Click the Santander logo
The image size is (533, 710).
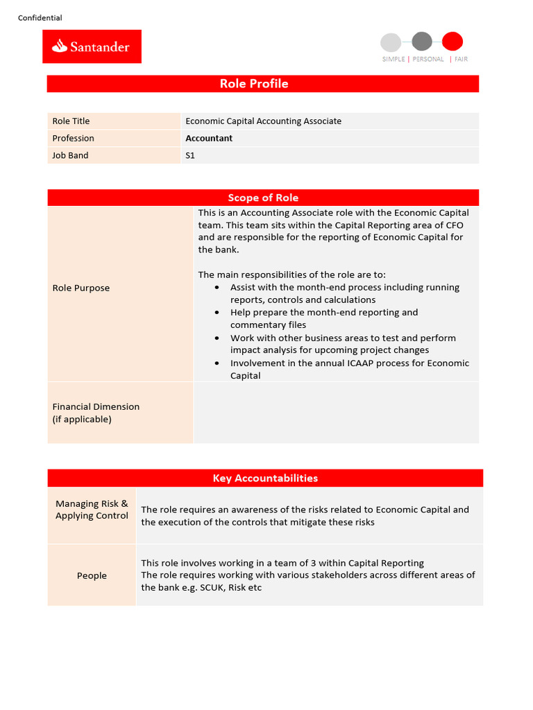92,46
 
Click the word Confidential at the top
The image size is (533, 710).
40,18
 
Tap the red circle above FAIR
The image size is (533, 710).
452,42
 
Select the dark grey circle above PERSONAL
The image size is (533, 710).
421,42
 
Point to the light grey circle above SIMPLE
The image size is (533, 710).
391,42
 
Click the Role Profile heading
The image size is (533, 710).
253,84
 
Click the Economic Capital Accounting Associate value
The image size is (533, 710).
263,121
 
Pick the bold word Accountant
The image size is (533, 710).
209,138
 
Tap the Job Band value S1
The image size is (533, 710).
190,155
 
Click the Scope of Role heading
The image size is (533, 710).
263,198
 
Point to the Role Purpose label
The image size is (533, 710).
81,288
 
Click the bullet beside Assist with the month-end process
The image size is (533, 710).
217,287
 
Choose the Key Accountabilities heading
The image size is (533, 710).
265,478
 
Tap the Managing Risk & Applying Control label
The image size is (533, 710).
92,510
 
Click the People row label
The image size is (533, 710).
92,575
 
